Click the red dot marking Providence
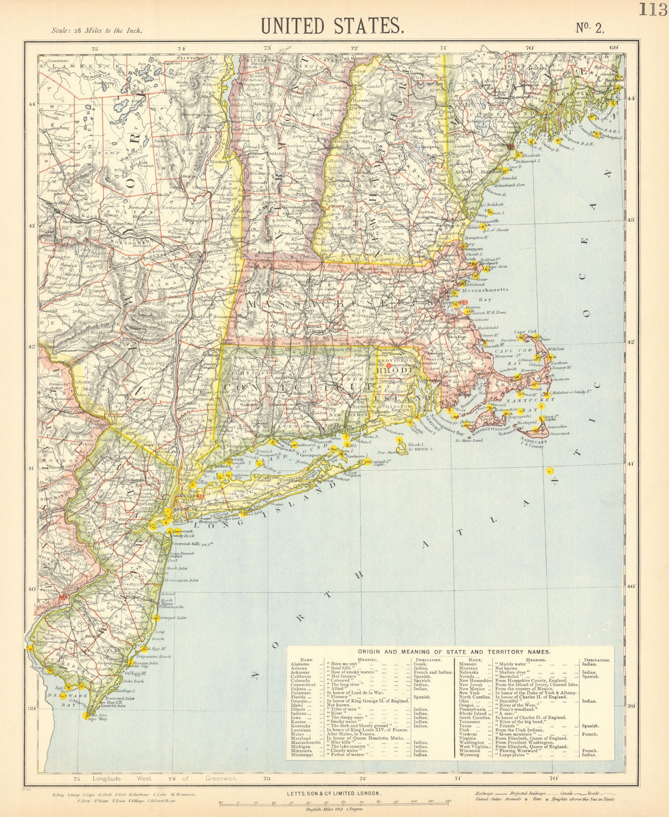[389, 366]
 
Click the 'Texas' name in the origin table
[465, 726]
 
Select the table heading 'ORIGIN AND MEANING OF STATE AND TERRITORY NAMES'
[453, 652]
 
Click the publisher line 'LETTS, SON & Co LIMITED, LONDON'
[332, 793]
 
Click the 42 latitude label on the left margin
[32, 347]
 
